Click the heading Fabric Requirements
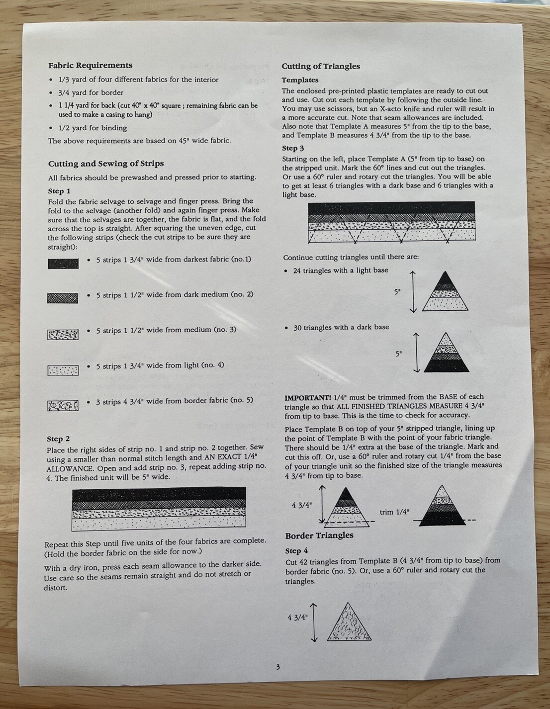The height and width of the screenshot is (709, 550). point(91,65)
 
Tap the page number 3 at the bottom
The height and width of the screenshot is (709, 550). point(278,667)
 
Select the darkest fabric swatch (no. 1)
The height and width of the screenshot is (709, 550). point(63,264)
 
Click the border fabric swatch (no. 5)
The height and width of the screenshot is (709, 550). point(63,405)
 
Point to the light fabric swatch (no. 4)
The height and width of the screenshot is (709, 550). point(63,370)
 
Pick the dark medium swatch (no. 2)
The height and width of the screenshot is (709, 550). point(63,298)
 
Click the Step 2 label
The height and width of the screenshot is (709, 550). point(58,439)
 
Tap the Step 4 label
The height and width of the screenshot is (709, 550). point(296,551)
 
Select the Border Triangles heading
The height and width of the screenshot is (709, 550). point(319,535)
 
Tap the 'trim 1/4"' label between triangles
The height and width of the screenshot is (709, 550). point(394,512)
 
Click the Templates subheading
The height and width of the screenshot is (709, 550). point(300,80)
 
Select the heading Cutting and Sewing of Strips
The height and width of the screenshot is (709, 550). point(106,164)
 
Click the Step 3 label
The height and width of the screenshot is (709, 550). point(293,148)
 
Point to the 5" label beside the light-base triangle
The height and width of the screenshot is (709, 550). point(397,292)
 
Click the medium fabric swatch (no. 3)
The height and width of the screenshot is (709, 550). point(63,335)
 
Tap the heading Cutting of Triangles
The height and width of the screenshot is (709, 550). point(321,66)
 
